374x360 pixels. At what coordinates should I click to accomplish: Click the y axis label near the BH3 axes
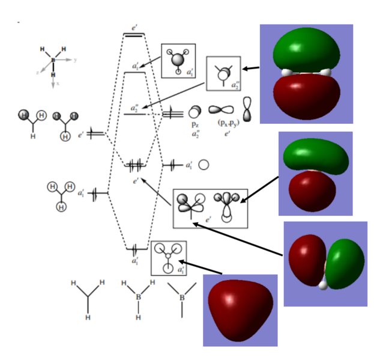tap(75, 60)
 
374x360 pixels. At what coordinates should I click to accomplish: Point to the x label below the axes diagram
tap(53, 85)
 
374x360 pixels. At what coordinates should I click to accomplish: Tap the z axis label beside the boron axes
tap(38, 72)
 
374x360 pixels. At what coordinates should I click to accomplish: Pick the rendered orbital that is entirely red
tap(240, 310)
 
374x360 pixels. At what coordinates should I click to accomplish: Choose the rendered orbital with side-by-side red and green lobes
tap(325, 264)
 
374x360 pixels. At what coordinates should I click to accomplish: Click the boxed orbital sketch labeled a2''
tap(223, 74)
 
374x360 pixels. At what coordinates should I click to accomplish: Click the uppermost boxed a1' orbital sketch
tap(178, 61)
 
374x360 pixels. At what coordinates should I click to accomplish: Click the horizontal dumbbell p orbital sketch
tap(222, 111)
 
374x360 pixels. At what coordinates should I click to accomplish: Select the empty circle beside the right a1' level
tap(204, 164)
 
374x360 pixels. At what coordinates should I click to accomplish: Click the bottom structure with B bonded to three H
tap(138, 294)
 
